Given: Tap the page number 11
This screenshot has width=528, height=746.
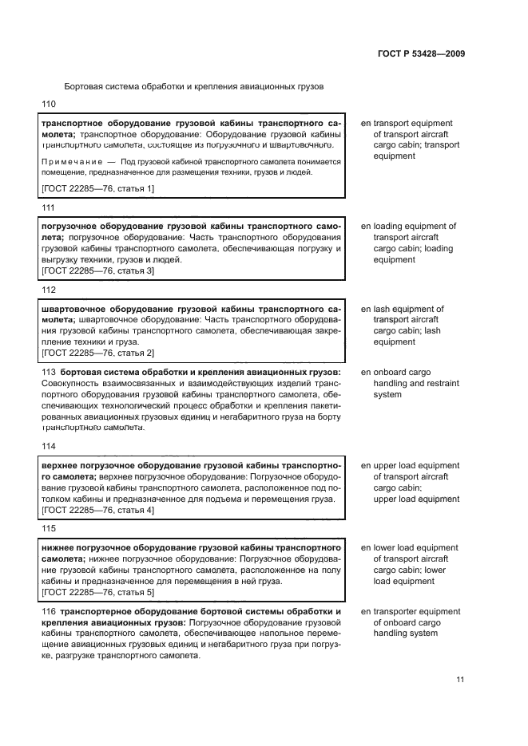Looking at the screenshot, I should (460, 680).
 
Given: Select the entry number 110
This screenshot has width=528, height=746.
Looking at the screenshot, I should (49, 105).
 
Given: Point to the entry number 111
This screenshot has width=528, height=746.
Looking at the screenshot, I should (48, 207).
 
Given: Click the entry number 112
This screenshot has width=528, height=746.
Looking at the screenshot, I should (49, 290).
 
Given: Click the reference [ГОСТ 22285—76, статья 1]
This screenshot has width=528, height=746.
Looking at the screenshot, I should (97, 188).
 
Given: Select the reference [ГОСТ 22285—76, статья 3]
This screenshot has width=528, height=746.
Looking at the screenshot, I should (97, 271).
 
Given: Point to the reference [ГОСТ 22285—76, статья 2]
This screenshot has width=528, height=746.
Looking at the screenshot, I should (97, 353).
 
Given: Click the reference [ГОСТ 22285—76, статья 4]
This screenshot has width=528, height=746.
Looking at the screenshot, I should (97, 510).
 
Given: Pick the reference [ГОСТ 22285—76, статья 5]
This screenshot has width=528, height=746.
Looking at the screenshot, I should (97, 593).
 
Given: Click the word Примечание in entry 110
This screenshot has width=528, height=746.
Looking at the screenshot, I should (72, 161).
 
